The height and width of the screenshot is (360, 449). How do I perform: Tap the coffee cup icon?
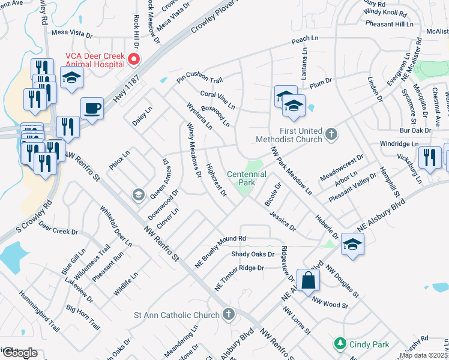pos(92,109)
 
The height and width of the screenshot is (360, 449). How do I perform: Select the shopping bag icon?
pos(308,280)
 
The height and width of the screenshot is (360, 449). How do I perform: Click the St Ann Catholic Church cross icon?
pos(228,314)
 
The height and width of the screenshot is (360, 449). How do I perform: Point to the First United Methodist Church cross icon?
pos(331,135)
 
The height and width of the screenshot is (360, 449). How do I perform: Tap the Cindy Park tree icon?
pos(340,344)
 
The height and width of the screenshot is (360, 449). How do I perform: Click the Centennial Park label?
pos(246,178)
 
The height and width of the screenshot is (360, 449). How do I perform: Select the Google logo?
pos(20,353)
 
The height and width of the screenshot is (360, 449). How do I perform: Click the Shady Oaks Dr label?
pos(256,254)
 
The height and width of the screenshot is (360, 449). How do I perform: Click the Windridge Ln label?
pos(399,144)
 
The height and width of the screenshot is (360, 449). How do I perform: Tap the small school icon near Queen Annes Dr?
pos(138,194)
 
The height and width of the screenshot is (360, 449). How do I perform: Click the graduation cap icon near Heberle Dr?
pos(352,244)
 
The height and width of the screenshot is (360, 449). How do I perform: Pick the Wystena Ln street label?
pos(200,116)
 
